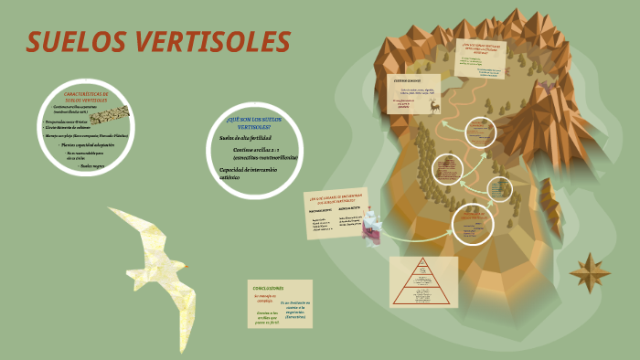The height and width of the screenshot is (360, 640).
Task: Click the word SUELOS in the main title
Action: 79,42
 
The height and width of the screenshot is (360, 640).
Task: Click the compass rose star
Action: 590,271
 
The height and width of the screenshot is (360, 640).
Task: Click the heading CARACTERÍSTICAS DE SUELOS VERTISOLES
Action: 86,97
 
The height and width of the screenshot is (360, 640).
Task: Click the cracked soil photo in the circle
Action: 111,113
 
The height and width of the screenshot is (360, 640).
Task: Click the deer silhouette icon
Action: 435,106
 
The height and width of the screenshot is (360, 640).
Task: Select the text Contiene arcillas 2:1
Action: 257,149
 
